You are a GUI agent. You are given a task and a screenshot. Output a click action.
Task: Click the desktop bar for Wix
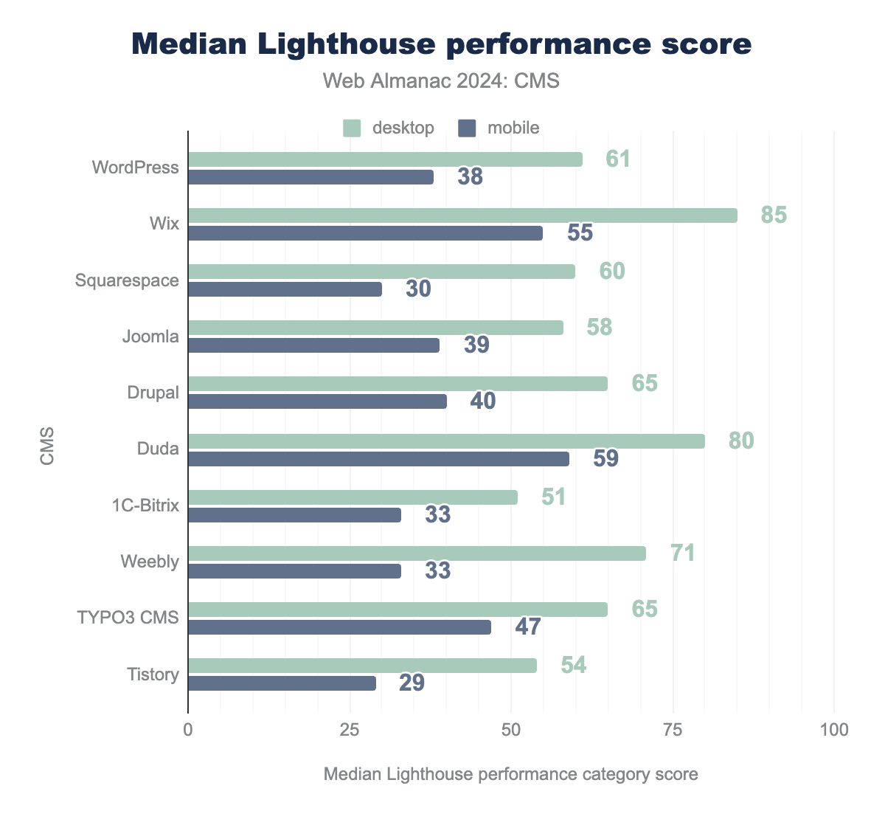pyautogui.click(x=462, y=215)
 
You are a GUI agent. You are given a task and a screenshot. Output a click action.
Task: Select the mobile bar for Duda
pyautogui.click(x=378, y=459)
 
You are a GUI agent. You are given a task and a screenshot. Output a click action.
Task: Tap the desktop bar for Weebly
pyautogui.click(x=417, y=553)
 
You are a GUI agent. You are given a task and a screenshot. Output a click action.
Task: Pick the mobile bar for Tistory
pyautogui.click(x=282, y=683)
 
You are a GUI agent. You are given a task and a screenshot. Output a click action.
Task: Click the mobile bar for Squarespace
pyautogui.click(x=285, y=289)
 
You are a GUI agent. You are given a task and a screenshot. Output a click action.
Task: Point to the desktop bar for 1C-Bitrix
pyautogui.click(x=353, y=497)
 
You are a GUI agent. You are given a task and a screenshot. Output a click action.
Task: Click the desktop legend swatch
pyautogui.click(x=352, y=128)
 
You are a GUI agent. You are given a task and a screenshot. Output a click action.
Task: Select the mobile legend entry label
pyautogui.click(x=513, y=128)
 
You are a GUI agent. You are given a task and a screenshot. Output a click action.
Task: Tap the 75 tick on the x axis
pyautogui.click(x=673, y=731)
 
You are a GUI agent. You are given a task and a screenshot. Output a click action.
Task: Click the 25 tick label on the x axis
pyautogui.click(x=350, y=731)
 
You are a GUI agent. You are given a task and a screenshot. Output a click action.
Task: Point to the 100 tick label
pyautogui.click(x=834, y=731)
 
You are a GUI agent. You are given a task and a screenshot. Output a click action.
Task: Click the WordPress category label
pyautogui.click(x=136, y=168)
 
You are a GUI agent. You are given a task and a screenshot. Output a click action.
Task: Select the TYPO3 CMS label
pyautogui.click(x=128, y=618)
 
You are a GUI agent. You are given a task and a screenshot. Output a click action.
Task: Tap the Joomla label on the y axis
pyautogui.click(x=150, y=337)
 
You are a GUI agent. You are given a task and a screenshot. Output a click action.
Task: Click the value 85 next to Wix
pyautogui.click(x=774, y=215)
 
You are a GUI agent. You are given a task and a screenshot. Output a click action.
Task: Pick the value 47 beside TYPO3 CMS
pyautogui.click(x=528, y=627)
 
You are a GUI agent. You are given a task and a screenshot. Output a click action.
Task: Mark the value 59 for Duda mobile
pyautogui.click(x=606, y=459)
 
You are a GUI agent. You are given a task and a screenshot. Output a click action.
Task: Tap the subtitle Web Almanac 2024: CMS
pyautogui.click(x=442, y=81)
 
